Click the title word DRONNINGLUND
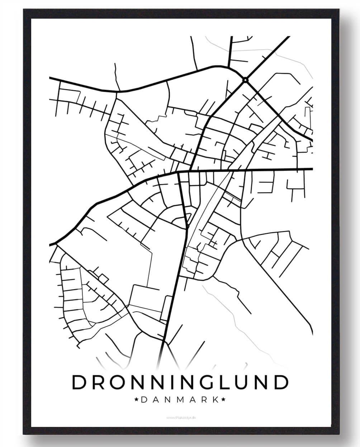click(180, 382)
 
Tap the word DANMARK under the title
click(180, 399)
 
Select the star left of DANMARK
click(136, 399)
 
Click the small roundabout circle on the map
click(245, 80)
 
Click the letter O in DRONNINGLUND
click(118, 382)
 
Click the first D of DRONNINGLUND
click(79, 382)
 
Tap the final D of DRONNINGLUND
click(281, 382)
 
